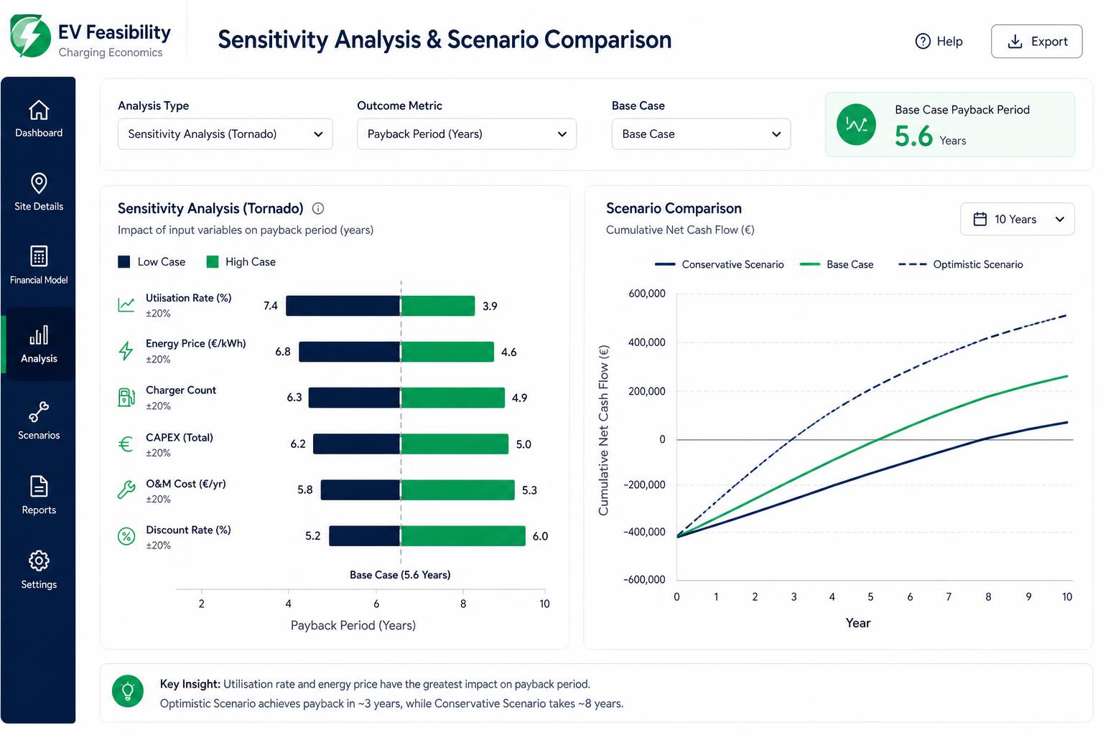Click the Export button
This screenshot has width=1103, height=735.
point(1036,42)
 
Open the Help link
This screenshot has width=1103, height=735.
point(939,42)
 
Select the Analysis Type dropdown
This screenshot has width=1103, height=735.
point(225,134)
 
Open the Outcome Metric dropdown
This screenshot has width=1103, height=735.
point(466,134)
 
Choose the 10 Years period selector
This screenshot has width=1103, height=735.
point(1018,219)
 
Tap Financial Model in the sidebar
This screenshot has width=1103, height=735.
point(39,266)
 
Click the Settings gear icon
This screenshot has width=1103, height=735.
point(39,561)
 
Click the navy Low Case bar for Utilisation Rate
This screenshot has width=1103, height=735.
point(343,306)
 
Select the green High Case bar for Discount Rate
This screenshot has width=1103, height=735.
point(463,536)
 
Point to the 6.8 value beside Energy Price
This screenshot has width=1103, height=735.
point(283,352)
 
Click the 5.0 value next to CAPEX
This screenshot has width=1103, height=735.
point(523,444)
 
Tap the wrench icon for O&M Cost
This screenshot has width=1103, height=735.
point(126,490)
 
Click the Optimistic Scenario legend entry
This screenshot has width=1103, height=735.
point(960,264)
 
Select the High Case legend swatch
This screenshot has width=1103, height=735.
point(213,262)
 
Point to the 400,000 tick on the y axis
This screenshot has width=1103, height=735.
point(646,342)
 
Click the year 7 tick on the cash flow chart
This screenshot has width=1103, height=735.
point(949,597)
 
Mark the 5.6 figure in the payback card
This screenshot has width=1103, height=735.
point(913,136)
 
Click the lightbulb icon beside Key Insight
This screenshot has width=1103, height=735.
point(128,691)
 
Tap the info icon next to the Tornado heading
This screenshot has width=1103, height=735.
point(318,209)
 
